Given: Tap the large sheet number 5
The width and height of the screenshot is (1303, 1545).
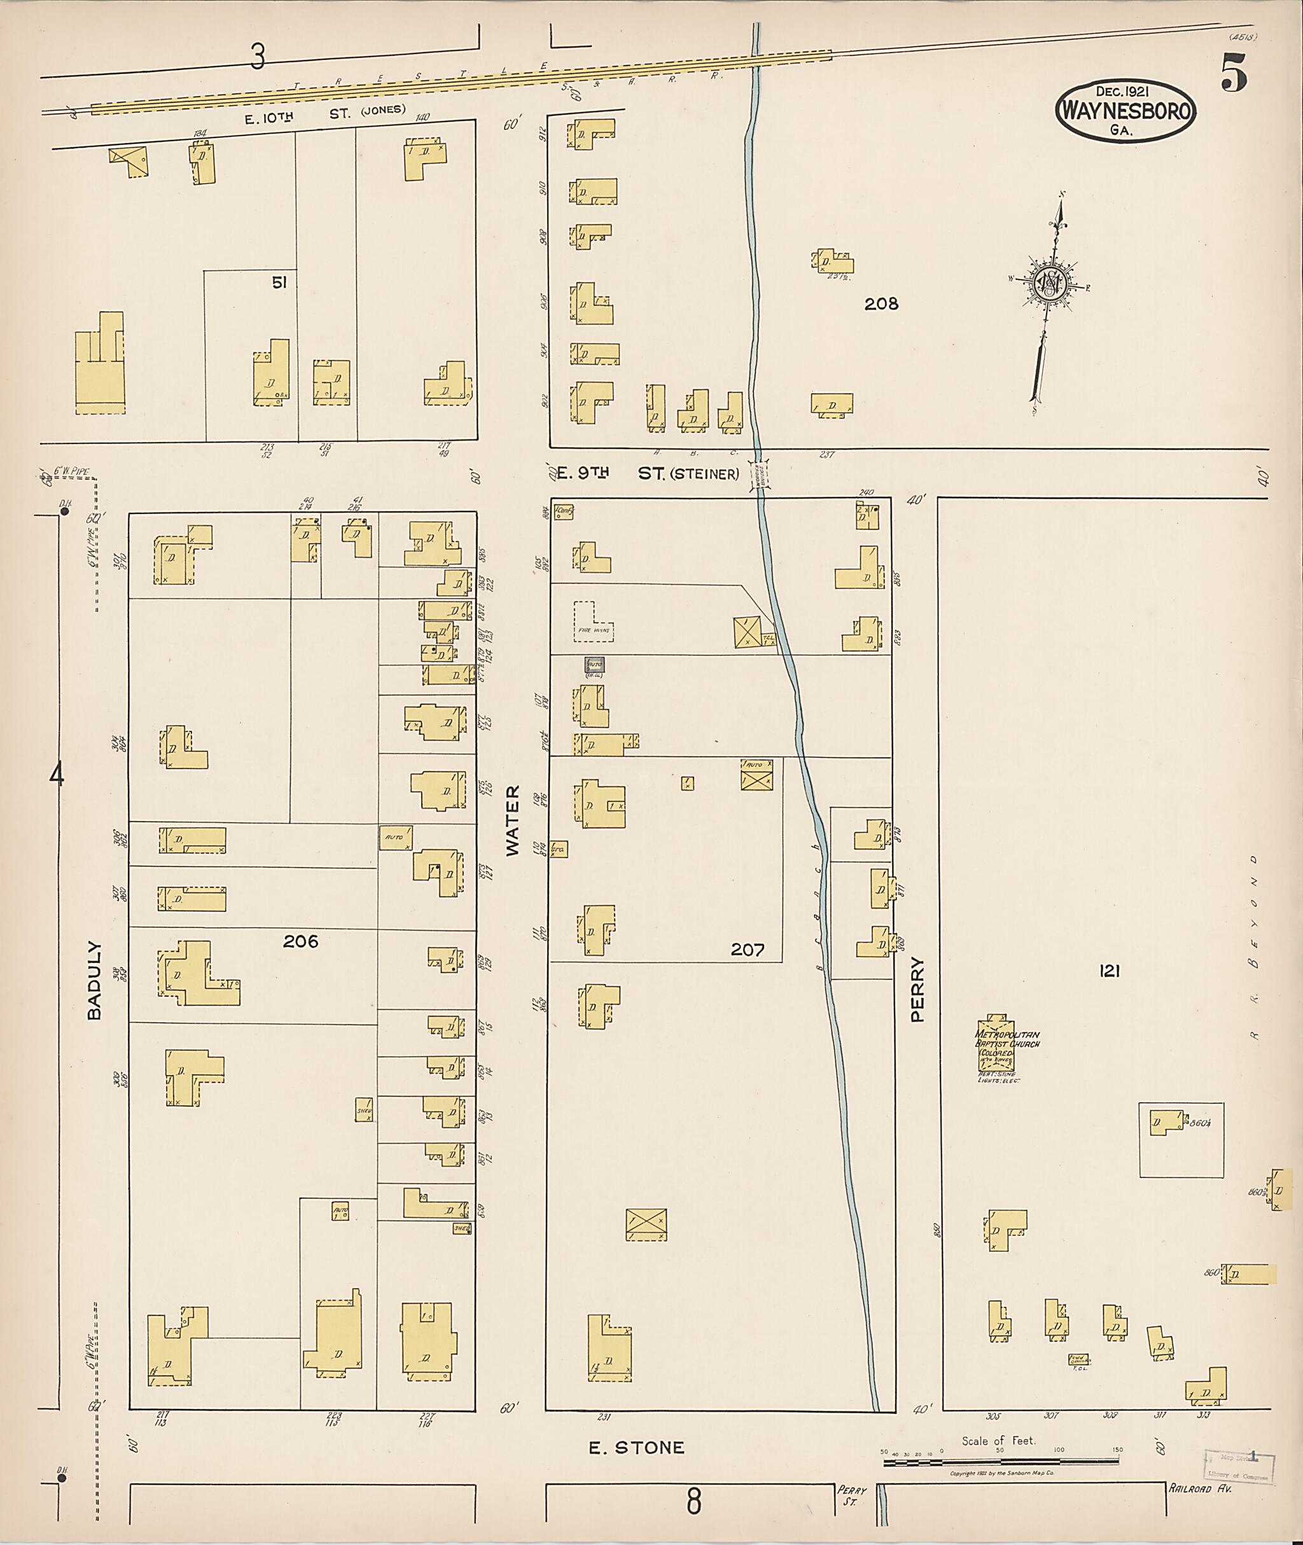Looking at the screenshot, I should coord(1234,73).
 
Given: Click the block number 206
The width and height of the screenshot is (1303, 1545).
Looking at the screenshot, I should coord(301,941).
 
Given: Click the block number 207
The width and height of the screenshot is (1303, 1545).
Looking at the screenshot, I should coord(747,950).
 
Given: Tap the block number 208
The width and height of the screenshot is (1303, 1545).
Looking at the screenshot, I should coord(881,303).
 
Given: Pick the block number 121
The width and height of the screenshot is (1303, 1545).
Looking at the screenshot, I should coord(1110,971).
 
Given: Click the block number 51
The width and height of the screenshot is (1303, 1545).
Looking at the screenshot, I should coord(279,283).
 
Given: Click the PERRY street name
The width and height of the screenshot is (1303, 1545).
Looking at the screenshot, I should coord(917,990).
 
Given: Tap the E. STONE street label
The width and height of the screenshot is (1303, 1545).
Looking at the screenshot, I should coord(636,1448).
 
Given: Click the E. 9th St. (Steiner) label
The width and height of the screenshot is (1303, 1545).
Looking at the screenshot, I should coord(647,473).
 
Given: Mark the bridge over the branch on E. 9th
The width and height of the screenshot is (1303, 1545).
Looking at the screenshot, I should coord(758,474).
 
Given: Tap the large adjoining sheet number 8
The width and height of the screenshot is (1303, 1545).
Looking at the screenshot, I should coord(693,1501).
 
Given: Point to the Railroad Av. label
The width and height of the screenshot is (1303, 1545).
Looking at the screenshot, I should coord(1201,1488).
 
